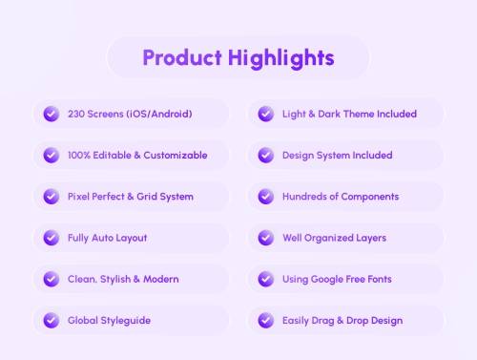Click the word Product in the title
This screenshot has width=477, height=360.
coord(181,57)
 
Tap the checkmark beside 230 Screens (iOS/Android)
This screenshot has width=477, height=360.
coord(51,114)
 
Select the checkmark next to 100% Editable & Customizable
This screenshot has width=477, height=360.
coord(51,155)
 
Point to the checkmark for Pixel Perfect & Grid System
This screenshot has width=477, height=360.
coord(51,197)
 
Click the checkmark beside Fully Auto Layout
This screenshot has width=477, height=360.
coord(51,238)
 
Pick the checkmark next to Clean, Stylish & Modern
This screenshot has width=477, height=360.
coord(51,279)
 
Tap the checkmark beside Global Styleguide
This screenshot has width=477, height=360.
coord(51,321)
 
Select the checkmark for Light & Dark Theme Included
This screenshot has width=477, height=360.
coord(266,114)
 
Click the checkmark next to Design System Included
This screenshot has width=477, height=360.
coord(266,155)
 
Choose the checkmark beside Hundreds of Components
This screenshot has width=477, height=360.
coord(266,197)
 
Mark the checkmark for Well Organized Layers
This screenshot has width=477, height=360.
coord(266,238)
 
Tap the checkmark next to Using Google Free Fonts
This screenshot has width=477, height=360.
coord(266,279)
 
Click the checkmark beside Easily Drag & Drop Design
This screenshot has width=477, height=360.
coord(266,321)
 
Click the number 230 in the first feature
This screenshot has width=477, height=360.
coord(76,115)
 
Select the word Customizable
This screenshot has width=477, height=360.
coord(176,156)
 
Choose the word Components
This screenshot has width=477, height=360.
coord(367,197)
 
